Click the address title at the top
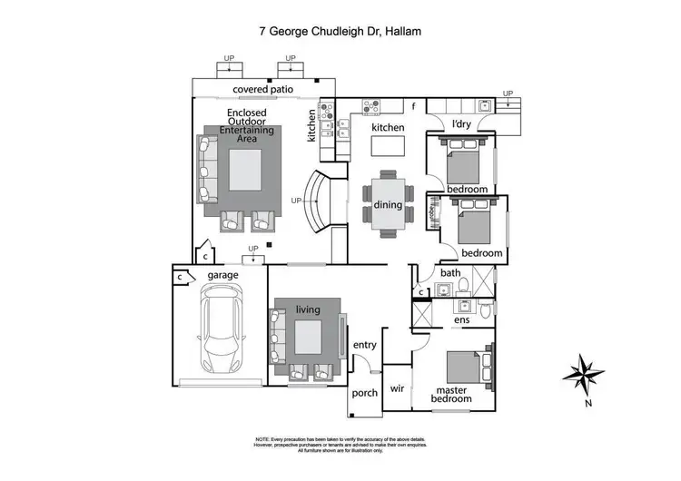tap(340, 31)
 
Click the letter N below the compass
tap(588, 403)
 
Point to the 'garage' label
tap(223, 274)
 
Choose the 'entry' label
tap(364, 345)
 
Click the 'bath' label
tap(450, 272)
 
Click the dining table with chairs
tap(388, 205)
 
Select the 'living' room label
tap(308, 309)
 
